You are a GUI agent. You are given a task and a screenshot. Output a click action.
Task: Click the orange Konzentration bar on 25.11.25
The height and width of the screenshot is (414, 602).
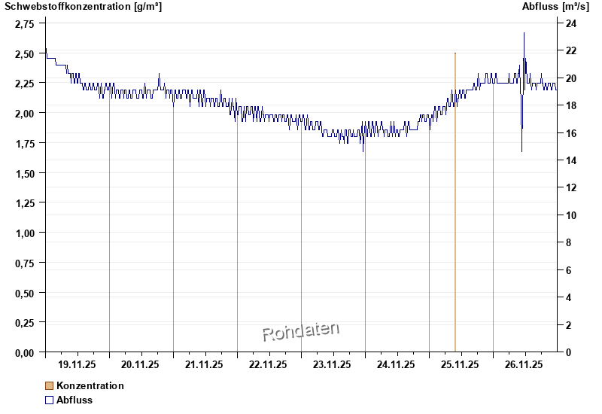pos(455,203)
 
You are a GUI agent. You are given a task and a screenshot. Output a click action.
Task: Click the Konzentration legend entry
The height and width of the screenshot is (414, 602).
pos(90,386)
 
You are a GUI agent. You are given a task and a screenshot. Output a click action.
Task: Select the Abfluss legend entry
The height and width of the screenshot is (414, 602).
pos(74,400)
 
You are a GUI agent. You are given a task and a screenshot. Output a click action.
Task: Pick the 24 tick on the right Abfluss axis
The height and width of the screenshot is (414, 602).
pos(571,24)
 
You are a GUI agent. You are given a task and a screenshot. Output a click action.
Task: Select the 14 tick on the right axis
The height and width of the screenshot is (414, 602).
pos(571,161)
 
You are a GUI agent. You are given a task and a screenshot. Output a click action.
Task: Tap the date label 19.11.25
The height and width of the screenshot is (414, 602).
pos(77,365)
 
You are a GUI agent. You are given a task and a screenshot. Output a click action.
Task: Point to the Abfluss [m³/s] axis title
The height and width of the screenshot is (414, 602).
pos(555,7)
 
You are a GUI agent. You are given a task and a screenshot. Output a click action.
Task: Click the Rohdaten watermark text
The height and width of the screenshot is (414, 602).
pos(300,331)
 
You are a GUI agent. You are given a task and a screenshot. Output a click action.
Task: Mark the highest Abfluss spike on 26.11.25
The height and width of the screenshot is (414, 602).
pos(524,34)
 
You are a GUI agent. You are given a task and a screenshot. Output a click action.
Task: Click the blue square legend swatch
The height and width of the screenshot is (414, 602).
pos(50,400)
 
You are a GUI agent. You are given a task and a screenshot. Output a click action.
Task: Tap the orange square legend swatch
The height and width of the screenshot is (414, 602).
pos(50,386)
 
